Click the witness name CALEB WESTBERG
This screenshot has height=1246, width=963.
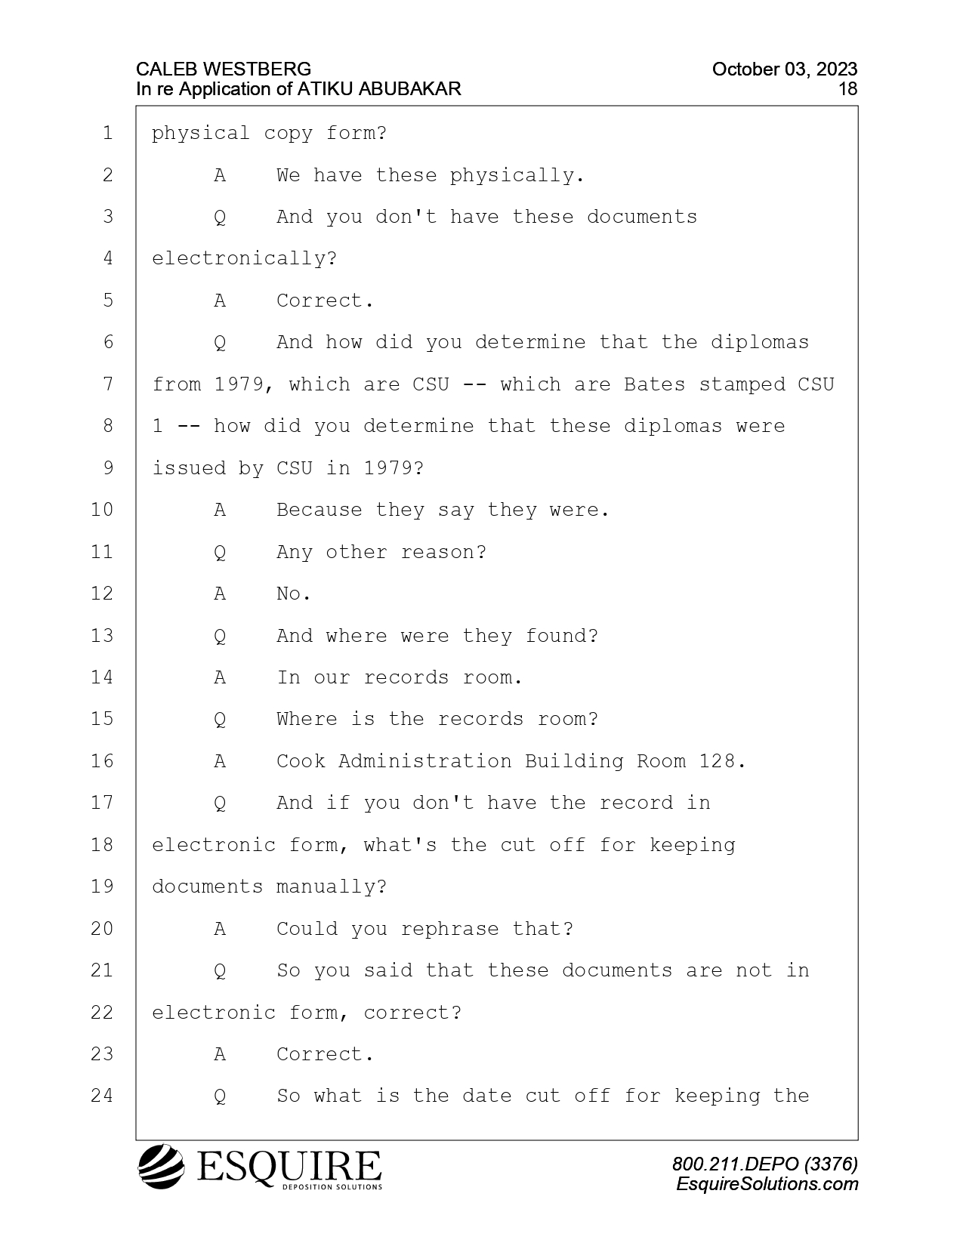(x=223, y=69)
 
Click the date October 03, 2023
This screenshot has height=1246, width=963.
(x=785, y=69)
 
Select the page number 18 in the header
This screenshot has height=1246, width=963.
(x=847, y=89)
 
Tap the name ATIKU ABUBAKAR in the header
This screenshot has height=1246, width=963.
(x=378, y=89)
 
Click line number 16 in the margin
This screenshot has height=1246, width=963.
(x=102, y=761)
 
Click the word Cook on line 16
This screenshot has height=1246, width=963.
(x=301, y=761)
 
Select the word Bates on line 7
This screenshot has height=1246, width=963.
(x=654, y=384)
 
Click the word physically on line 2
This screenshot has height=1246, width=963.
(x=516, y=175)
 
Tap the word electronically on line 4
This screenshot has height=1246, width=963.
(x=244, y=258)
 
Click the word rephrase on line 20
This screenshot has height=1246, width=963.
(x=449, y=929)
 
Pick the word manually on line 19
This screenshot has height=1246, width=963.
(x=332, y=887)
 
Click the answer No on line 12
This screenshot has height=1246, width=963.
(x=294, y=594)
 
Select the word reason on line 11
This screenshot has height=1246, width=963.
(x=443, y=552)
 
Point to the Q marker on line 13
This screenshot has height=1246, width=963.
(x=220, y=636)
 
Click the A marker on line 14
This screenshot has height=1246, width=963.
(x=220, y=677)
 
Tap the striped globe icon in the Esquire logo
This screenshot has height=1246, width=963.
(x=161, y=1166)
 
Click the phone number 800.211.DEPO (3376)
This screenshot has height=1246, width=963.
(x=765, y=1164)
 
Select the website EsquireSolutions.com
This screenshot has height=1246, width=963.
(x=767, y=1183)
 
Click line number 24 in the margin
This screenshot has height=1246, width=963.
(x=102, y=1096)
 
